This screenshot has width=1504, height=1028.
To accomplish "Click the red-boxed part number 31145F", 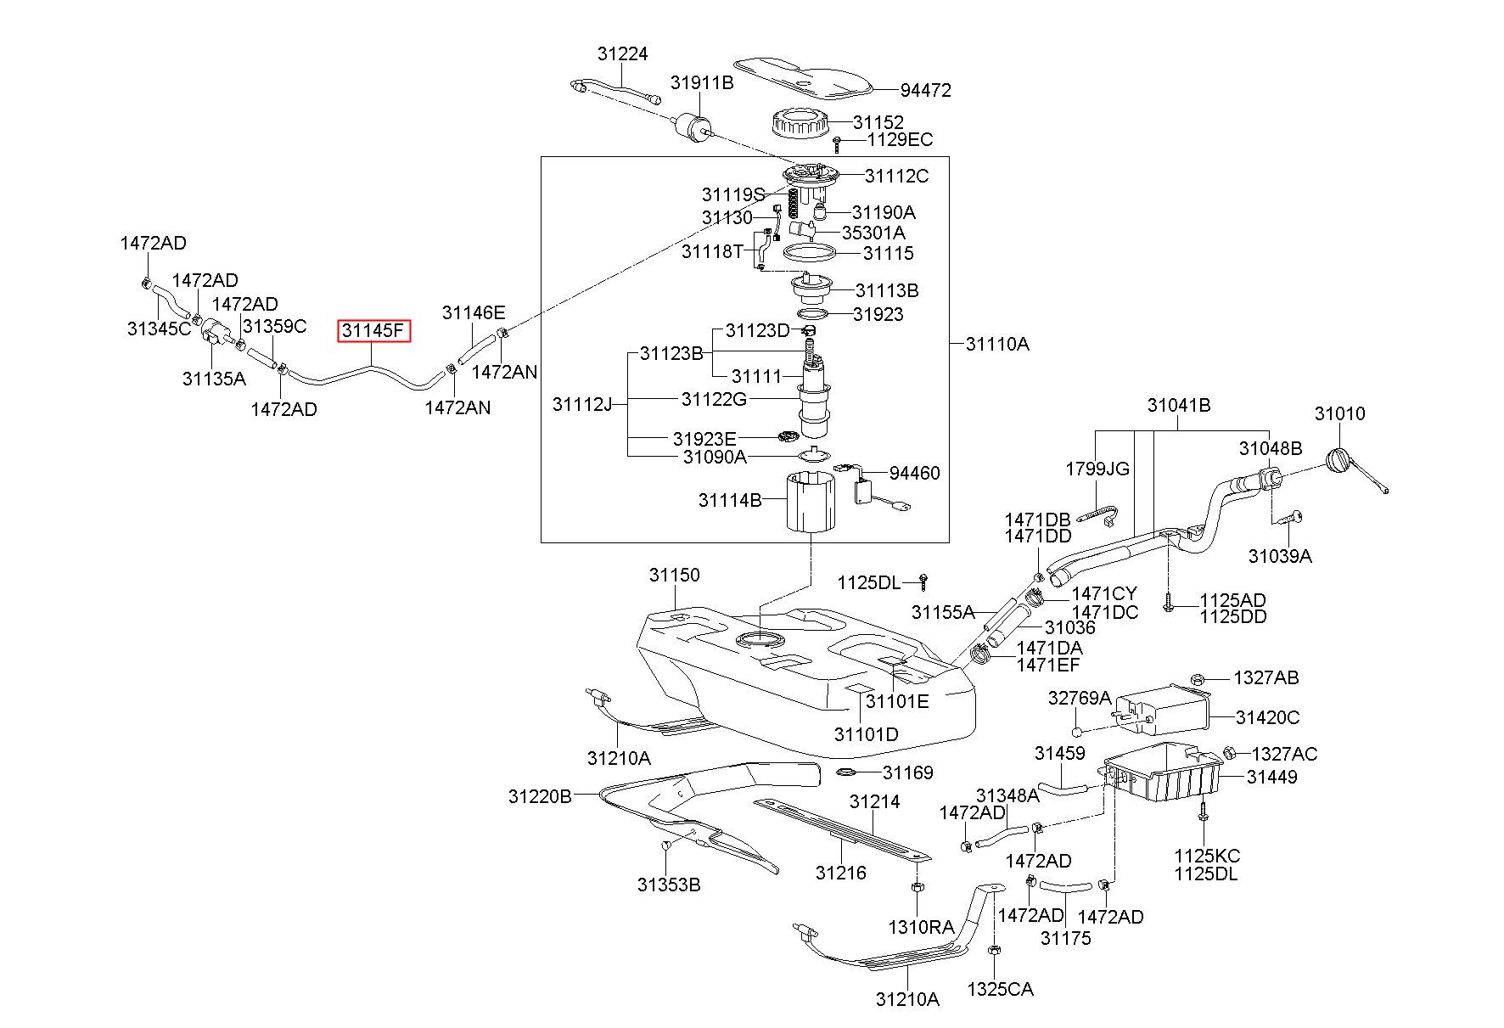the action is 374,330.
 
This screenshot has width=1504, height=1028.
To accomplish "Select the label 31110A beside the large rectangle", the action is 997,344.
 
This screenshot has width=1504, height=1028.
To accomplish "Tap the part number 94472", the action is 926,90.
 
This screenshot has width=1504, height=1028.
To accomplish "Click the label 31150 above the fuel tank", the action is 675,575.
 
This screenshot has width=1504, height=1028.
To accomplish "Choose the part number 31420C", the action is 1267,717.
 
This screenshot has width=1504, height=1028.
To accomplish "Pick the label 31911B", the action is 702,82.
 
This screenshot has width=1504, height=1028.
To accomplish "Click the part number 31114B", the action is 730,500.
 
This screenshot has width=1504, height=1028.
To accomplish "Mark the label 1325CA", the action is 1001,989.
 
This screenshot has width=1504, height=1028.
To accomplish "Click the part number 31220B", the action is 541,796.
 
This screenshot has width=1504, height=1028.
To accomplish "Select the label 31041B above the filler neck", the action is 1179,405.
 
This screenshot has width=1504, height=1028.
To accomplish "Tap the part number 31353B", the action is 669,885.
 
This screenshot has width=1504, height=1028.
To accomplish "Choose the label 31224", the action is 622,53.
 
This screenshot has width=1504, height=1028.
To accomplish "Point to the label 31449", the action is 1271,777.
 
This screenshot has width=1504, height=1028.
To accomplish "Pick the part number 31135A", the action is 214,379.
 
